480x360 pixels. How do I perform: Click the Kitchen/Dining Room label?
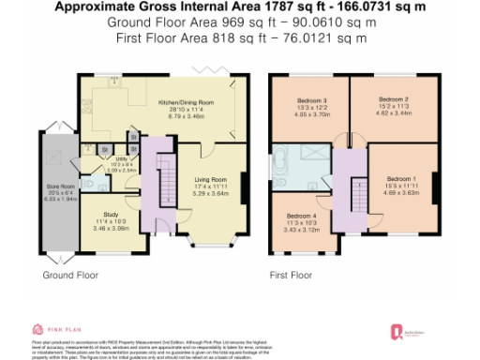pyautogui.click(x=187, y=100)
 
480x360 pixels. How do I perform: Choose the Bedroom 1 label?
pyautogui.click(x=401, y=178)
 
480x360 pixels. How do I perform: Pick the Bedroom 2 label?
pyautogui.click(x=394, y=97)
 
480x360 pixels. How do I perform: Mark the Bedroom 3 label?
pyautogui.click(x=312, y=101)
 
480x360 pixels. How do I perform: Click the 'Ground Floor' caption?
pyautogui.click(x=70, y=276)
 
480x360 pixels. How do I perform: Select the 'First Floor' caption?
pyautogui.click(x=291, y=276)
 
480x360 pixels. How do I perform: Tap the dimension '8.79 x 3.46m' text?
pyautogui.click(x=187, y=115)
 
